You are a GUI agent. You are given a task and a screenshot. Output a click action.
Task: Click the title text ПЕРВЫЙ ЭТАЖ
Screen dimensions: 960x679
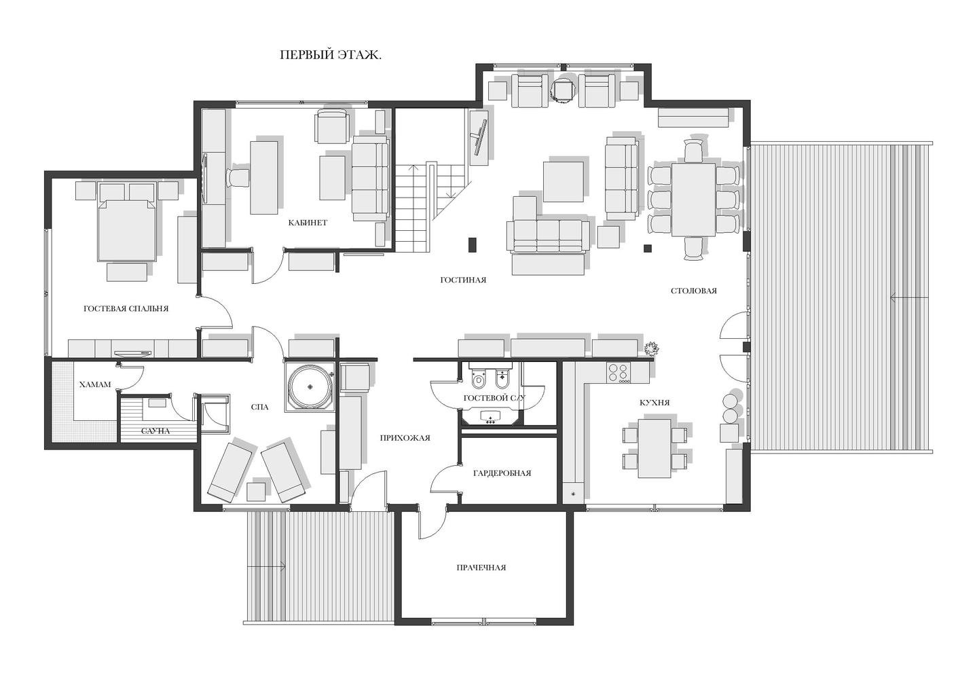pos(331,55)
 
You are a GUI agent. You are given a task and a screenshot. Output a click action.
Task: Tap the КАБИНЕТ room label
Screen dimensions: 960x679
pos(308,223)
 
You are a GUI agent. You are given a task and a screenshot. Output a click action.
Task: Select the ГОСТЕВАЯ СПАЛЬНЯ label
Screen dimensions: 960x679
pos(126,309)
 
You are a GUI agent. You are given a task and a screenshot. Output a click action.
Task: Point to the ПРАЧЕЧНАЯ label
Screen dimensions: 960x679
pos(481,568)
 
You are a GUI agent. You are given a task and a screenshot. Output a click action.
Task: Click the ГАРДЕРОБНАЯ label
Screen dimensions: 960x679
pos(502,473)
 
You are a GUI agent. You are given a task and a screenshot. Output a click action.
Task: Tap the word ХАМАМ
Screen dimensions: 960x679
pos(95,384)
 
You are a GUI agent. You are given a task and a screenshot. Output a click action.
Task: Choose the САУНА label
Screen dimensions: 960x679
pos(155,430)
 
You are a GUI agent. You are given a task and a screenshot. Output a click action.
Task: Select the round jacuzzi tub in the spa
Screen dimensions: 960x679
pos(310,386)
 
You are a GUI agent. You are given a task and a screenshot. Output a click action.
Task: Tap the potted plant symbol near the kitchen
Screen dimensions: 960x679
pos(652,348)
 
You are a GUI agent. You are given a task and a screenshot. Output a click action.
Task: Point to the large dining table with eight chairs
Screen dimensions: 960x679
pos(693,200)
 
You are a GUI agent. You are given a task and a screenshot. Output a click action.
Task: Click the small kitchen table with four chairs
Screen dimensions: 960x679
pos(654,448)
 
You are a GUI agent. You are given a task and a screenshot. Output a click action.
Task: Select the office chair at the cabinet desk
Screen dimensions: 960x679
pos(238,177)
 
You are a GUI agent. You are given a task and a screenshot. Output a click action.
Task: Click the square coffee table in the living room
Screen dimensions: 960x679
pos(563,181)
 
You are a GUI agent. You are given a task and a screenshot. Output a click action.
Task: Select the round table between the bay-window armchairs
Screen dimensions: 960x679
pos(563,90)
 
